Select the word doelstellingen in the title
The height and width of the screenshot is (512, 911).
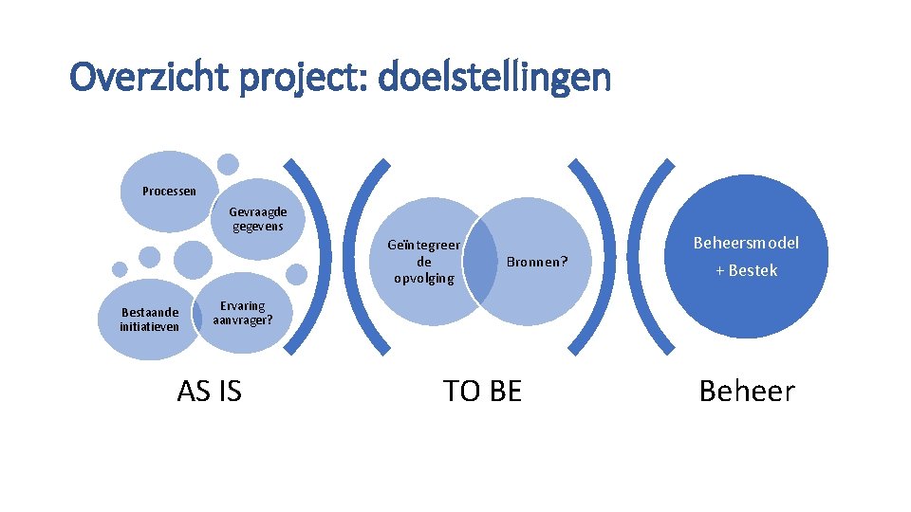493,78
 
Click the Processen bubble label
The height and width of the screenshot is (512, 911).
169,192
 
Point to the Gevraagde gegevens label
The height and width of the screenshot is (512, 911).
257,219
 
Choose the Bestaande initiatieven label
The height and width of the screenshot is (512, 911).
150,320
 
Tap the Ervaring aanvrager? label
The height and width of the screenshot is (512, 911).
242,313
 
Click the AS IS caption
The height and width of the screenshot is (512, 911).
209,391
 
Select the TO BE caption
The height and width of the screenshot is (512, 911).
482,391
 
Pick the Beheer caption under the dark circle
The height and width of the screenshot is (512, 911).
747,391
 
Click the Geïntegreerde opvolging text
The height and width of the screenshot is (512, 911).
424,262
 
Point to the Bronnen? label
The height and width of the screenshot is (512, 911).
536,262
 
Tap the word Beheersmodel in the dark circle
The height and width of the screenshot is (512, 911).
746,243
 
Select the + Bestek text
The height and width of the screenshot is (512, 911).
746,271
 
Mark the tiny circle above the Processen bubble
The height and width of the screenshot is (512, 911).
228,163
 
